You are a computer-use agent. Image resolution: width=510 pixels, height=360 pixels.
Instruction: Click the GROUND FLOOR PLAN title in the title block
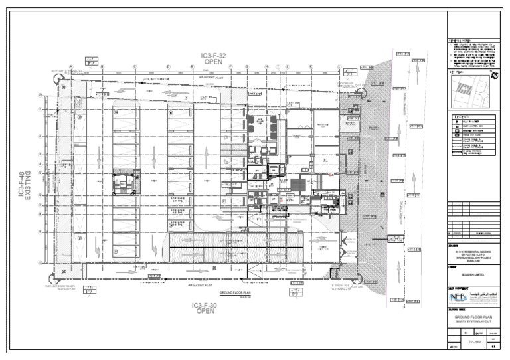click(474, 317)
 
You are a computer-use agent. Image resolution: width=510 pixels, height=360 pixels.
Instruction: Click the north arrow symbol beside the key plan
click(494, 77)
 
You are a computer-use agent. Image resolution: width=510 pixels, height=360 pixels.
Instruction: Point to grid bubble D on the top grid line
click(169, 66)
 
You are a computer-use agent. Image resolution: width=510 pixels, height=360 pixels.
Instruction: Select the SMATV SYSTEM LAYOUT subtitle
click(474, 322)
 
